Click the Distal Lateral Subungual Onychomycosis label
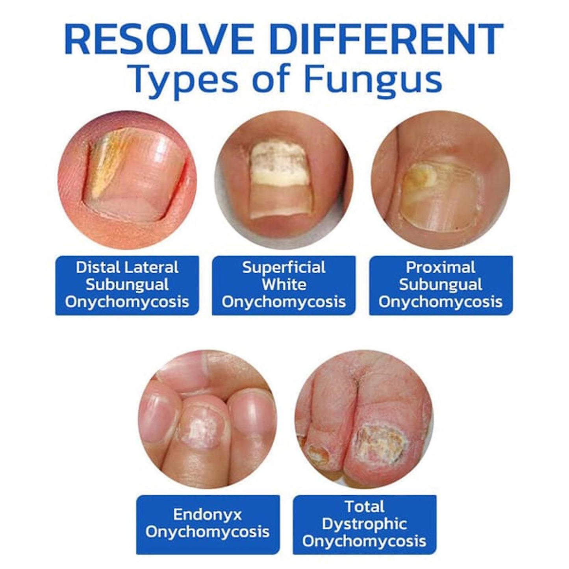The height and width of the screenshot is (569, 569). [x=127, y=285]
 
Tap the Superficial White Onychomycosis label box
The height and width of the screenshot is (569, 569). [x=284, y=285]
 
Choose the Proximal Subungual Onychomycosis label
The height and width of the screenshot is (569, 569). [x=441, y=285]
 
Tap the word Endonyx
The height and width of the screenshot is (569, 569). [x=207, y=515]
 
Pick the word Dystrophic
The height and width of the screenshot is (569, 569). [x=364, y=525]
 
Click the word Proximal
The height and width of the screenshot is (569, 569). [x=441, y=267]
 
